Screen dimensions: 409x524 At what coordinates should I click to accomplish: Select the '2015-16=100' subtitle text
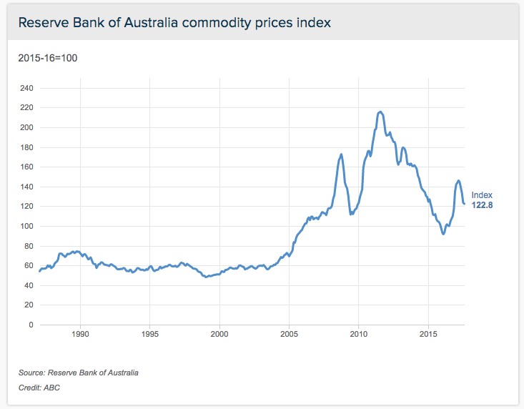coord(47,57)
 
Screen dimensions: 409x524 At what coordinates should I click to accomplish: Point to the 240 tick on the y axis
coord(26,88)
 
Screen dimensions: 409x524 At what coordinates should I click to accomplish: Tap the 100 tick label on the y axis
coord(26,226)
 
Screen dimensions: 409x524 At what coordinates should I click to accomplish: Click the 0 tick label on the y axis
coord(31,325)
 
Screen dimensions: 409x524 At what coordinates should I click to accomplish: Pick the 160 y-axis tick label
coord(26,167)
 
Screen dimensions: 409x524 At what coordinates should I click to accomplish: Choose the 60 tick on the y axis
coord(28,265)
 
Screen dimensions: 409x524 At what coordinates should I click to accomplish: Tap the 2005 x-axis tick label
coord(290,335)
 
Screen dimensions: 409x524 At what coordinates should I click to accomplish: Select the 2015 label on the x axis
coord(429,335)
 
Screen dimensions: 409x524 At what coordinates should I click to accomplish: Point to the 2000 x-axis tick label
coord(219,335)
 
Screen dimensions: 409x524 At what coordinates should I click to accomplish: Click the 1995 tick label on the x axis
coord(150,335)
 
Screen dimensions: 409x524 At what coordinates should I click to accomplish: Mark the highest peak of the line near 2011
coord(380,112)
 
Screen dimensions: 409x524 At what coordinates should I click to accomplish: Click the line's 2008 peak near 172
coord(342,154)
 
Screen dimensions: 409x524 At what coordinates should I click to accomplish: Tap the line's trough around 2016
coord(443,234)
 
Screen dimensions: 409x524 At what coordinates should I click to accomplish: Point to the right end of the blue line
coord(464,204)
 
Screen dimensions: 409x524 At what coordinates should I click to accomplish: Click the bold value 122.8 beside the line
coord(482,205)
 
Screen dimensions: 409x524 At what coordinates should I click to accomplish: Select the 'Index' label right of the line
coord(482,195)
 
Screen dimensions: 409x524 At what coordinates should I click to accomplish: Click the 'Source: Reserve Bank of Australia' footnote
coord(79,373)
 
